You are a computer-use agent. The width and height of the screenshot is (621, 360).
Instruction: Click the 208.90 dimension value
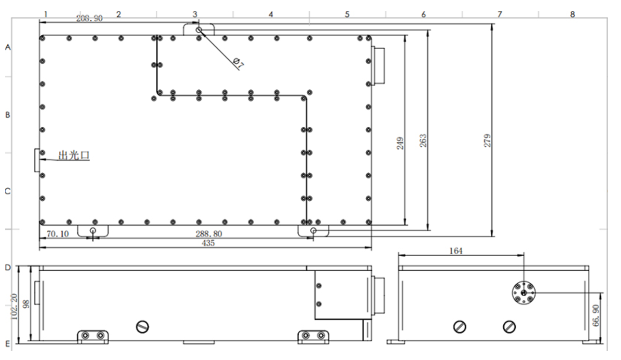89,18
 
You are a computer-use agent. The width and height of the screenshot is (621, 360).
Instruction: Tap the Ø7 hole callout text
238,63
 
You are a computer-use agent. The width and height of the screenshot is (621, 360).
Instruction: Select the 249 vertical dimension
400,143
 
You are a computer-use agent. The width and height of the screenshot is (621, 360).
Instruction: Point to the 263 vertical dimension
423,140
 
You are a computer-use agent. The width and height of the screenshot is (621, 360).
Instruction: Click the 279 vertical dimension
487,140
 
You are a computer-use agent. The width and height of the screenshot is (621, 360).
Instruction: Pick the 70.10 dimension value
58,234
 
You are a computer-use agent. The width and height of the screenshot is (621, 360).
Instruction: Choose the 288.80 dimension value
209,234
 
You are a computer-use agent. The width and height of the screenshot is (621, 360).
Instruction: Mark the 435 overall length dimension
208,243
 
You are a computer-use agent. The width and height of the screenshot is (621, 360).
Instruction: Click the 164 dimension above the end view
456,251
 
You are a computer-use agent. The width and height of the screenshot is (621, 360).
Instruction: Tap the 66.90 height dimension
596,315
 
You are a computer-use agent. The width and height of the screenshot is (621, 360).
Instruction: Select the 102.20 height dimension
14,306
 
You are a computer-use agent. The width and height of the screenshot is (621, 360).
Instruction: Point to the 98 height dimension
27,304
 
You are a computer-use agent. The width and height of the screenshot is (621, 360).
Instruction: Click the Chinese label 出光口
74,155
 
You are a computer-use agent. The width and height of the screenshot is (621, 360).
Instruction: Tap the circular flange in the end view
524,292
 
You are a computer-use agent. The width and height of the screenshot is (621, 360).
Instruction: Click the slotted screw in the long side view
142,327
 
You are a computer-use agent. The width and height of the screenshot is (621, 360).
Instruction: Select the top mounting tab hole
199,29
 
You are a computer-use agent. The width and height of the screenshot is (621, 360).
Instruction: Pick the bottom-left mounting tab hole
93,231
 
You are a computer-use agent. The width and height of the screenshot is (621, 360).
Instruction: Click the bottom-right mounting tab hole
313,231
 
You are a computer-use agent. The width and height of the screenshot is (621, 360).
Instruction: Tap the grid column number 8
572,14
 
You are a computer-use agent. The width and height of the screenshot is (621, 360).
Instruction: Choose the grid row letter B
8,115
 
